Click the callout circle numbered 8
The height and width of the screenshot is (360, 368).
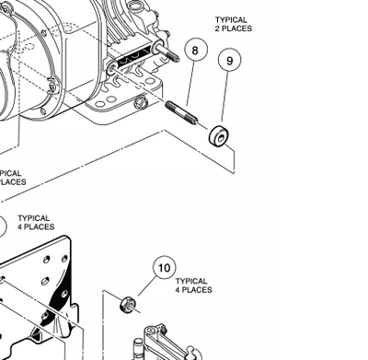point(194,50)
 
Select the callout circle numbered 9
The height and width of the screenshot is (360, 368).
point(229,62)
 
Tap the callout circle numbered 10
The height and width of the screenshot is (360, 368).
point(164,269)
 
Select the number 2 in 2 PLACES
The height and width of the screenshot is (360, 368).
point(218,29)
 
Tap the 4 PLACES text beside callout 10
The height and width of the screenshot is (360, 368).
point(194,290)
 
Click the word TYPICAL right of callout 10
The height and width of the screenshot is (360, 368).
point(190,281)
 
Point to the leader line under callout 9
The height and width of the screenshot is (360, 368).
point(224,99)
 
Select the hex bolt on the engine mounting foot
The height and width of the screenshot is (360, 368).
point(141,102)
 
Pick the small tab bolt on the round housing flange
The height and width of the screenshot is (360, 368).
point(52,87)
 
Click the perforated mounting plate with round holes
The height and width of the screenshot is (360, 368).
point(37,285)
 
